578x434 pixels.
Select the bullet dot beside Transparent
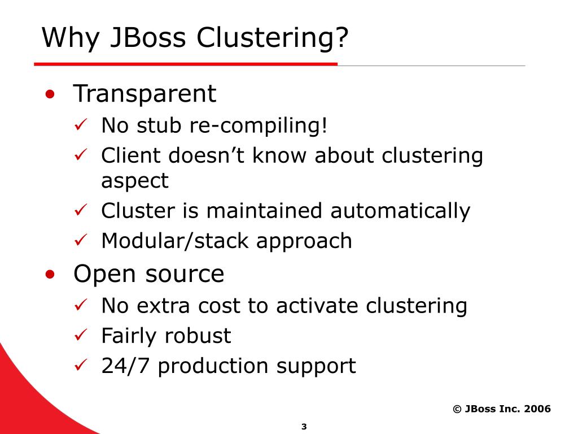(51, 94)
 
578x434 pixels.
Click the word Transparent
(144, 94)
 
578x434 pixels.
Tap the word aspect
(134, 181)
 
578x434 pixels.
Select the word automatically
(400, 211)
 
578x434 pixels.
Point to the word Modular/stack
(176, 241)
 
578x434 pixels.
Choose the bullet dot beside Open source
(51, 275)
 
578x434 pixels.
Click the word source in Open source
(185, 274)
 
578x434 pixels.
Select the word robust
(198, 336)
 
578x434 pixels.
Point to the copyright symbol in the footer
(457, 409)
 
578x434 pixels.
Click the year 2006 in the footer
(537, 409)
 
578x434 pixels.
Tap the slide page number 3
(304, 427)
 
